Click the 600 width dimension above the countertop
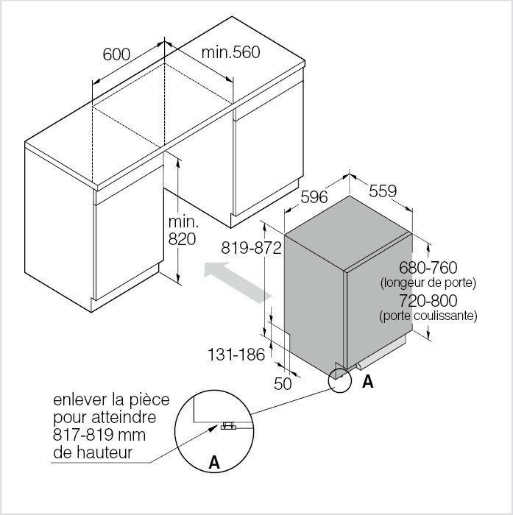[x=116, y=54]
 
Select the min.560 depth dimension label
[x=230, y=52]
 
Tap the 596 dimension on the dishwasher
[x=314, y=196]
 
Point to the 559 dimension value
[x=383, y=191]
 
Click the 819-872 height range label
[x=251, y=248]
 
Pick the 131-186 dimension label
[x=236, y=355]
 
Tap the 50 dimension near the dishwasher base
[x=283, y=383]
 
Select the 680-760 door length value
[x=428, y=267]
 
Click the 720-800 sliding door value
[x=428, y=300]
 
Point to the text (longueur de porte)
[x=428, y=283]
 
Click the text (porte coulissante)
[x=428, y=316]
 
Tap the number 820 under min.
[x=182, y=239]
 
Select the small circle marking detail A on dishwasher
[x=340, y=380]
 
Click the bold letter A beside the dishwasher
[x=368, y=382]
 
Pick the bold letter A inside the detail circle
[x=214, y=463]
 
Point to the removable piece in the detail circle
[x=228, y=426]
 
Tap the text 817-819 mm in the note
[x=99, y=435]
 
